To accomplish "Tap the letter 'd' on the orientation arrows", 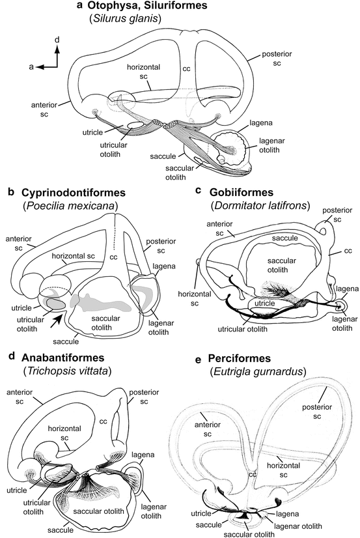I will point(57,40).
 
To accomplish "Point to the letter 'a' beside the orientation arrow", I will point(30,66).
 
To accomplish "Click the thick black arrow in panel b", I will point(59,319).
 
